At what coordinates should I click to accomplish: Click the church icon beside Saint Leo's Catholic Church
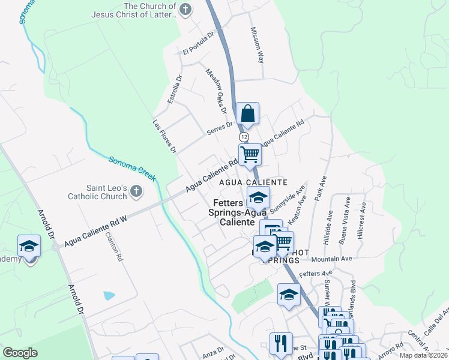136,191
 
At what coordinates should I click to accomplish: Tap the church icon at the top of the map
186,9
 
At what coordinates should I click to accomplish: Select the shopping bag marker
247,113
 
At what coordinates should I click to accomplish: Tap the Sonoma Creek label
132,169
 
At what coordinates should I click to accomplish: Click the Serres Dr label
220,127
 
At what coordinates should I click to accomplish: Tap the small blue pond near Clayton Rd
109,295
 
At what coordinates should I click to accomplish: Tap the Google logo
20,353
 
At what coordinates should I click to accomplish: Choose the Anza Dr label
213,350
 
